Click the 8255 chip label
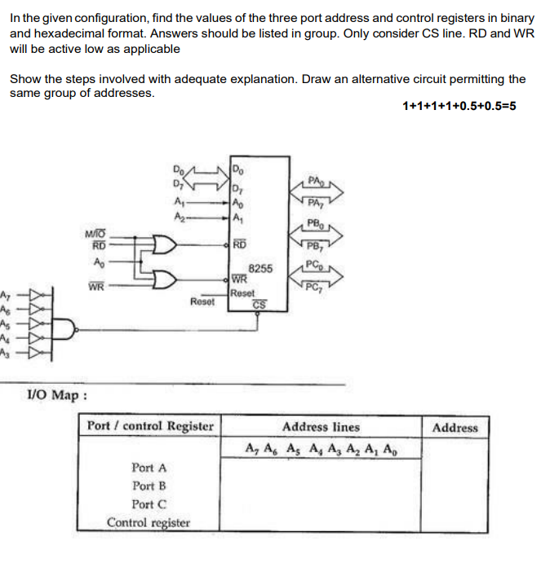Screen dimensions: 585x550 (x=259, y=267)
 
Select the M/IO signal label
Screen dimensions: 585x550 (x=97, y=234)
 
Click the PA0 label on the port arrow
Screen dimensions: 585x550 (x=317, y=180)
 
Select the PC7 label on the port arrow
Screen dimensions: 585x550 (x=313, y=285)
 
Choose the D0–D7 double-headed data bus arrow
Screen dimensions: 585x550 (x=208, y=174)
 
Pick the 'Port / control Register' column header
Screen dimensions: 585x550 (x=150, y=426)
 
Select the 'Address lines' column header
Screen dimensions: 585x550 (x=321, y=426)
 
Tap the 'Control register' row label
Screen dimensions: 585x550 (x=149, y=522)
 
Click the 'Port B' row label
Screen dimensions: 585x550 (x=149, y=486)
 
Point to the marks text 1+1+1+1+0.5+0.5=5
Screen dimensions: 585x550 (x=459, y=106)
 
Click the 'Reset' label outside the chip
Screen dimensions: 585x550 (x=202, y=301)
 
